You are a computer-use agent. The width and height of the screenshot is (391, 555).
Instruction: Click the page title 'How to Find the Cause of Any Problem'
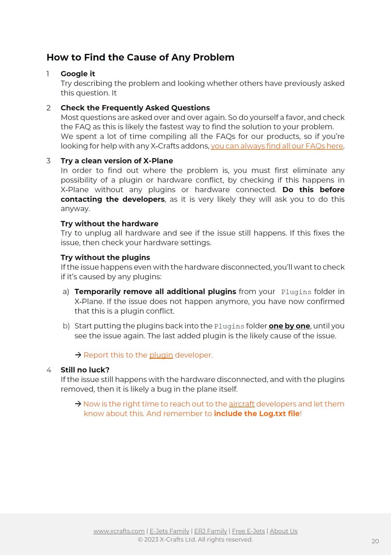coord(140,57)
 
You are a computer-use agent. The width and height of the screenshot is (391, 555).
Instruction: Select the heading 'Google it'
coord(78,74)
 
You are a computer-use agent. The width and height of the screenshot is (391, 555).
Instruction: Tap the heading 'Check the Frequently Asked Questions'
coord(135,108)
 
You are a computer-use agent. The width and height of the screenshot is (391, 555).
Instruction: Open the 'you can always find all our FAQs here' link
coord(277,146)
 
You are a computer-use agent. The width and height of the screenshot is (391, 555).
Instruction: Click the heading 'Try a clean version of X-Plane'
coord(117,161)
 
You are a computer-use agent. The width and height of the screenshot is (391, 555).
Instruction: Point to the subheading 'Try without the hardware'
coord(109,224)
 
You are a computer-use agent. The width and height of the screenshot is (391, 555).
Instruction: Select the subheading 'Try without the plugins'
coord(105,257)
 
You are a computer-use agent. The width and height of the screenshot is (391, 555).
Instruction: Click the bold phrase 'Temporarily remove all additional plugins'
coord(155,291)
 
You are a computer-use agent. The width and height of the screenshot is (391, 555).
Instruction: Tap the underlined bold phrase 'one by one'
coord(289,326)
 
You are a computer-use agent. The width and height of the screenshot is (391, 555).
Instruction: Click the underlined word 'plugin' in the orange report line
coord(161,355)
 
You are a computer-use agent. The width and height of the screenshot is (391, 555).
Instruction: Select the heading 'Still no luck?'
coord(85,370)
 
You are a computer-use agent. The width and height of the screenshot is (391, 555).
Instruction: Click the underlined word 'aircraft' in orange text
coord(241,404)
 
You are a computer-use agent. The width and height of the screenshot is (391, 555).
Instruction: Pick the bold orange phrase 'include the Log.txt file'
coord(257,413)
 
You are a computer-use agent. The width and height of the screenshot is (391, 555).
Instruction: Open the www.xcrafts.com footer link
coord(119,531)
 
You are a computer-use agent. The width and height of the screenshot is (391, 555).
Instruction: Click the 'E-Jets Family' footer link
coord(169,531)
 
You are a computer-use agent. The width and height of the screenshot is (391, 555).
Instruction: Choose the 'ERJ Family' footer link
coord(211,531)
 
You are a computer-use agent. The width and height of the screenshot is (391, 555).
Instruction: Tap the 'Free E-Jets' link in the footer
coord(248,531)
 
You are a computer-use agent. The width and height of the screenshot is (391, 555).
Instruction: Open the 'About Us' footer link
coord(283,531)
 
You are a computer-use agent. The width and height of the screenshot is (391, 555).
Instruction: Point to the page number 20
coord(375,541)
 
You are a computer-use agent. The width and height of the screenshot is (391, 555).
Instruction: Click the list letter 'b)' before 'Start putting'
coord(66,326)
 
